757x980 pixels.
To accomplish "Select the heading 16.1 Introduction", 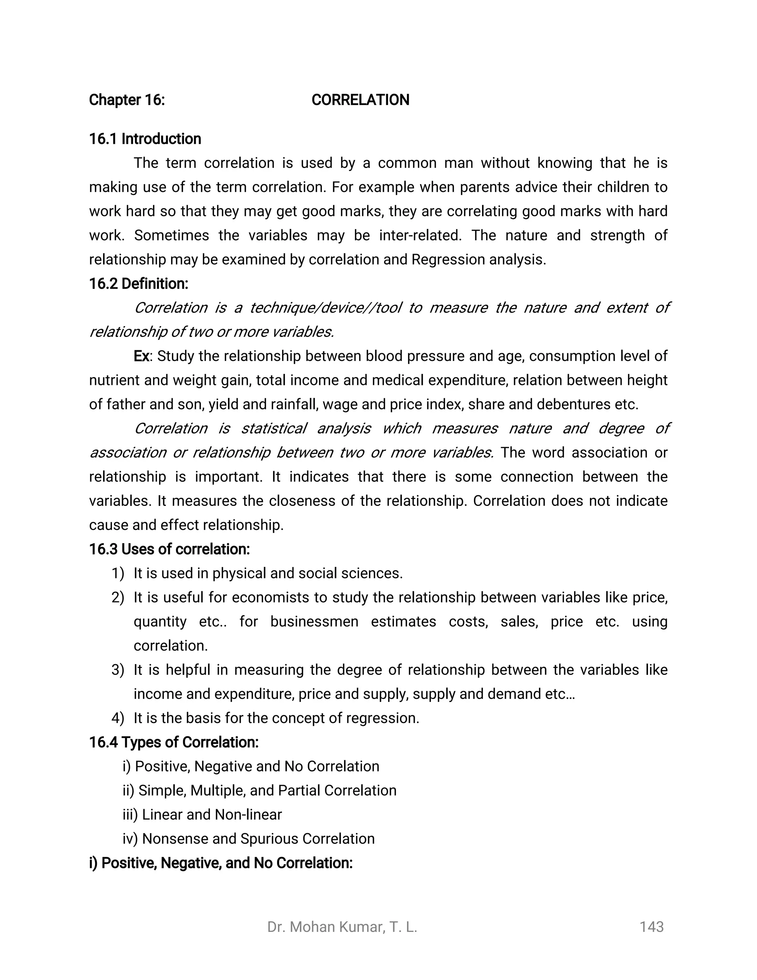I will coord(145,139).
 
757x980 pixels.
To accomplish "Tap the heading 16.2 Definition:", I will coord(139,284).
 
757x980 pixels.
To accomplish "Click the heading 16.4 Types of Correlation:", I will coord(174,742).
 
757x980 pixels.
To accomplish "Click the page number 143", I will coord(651,927).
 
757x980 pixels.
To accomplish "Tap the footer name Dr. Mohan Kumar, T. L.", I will coord(342,927).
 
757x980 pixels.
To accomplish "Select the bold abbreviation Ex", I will coord(141,356).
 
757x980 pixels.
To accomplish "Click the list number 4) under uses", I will coord(118,718).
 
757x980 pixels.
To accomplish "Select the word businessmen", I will coord(314,622).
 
